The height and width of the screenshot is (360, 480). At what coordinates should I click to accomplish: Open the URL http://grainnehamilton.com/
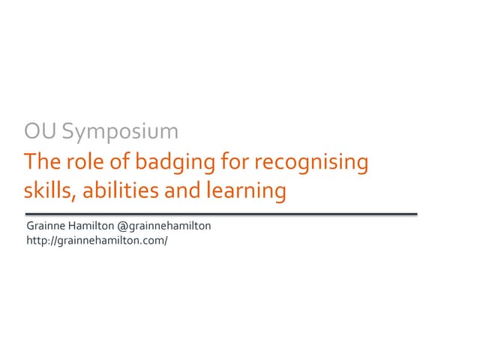pos(97,241)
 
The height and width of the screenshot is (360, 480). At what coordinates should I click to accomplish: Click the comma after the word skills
pos(75,197)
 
